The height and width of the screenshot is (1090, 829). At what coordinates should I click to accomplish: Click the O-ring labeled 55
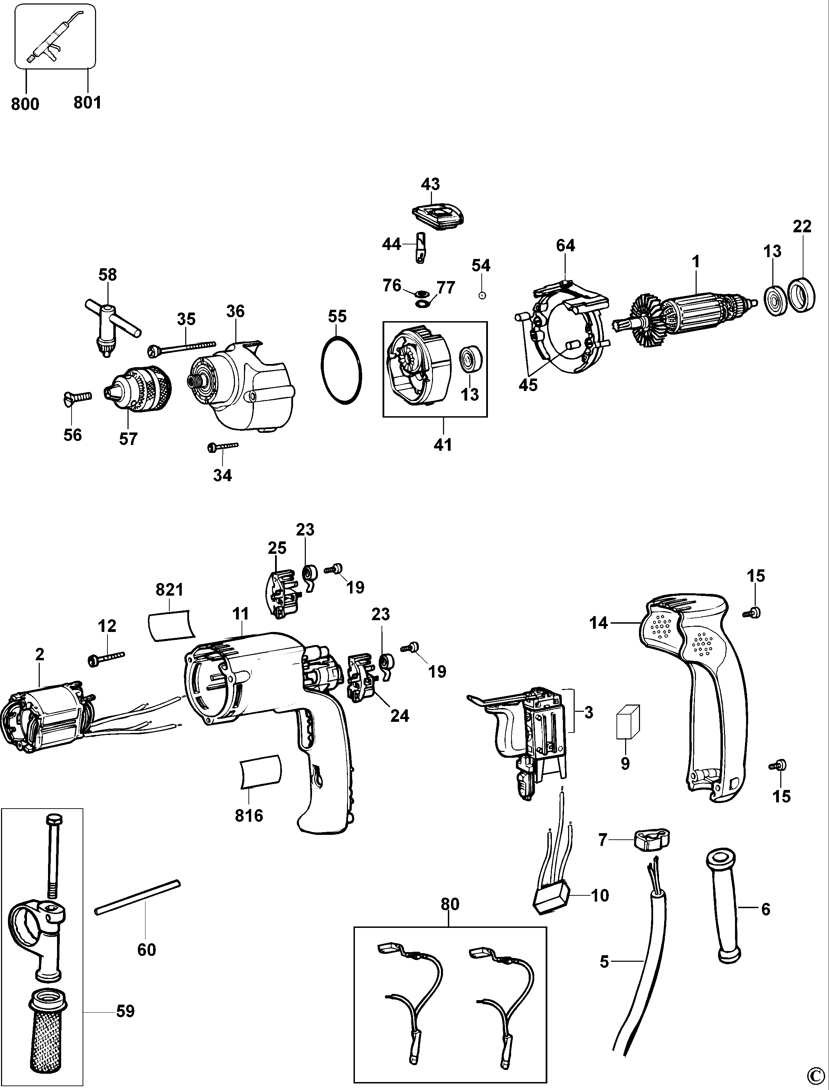coord(341,370)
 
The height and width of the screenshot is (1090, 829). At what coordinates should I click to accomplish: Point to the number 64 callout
coord(565,245)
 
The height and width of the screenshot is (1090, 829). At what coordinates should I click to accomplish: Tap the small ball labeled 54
coord(483,295)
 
